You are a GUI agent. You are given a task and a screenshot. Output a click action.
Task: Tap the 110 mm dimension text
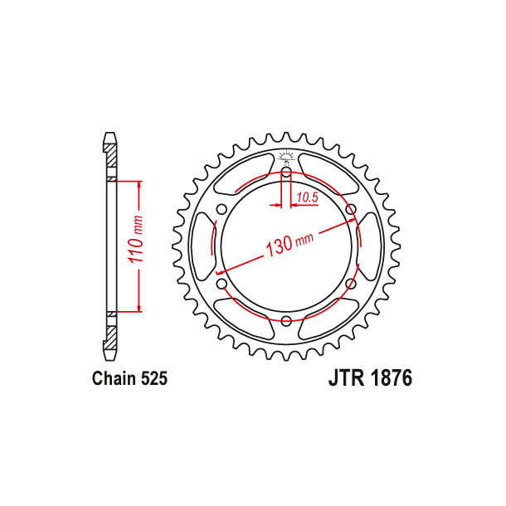point(139,245)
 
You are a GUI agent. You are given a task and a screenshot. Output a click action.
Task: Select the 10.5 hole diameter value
point(307,197)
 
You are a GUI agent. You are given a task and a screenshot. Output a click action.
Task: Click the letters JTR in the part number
point(342,379)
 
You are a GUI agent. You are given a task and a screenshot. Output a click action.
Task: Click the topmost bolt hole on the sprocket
point(285,173)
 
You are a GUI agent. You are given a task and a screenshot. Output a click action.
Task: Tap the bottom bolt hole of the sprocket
point(285,321)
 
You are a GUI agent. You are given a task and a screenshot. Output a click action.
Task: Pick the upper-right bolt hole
point(350,209)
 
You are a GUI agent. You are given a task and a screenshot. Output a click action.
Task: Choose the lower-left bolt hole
point(221,285)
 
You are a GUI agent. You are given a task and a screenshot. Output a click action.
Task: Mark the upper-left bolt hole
point(221,209)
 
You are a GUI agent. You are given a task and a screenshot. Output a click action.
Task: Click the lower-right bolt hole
point(350,285)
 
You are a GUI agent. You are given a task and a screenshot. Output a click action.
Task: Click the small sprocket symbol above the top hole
point(285,156)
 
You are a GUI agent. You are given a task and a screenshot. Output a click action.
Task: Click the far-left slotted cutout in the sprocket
point(202,246)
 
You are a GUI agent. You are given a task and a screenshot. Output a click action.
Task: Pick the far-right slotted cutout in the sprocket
point(369,246)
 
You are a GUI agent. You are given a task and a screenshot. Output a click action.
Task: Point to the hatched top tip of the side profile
point(110,154)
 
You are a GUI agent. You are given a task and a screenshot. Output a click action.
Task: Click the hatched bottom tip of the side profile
point(110,338)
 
